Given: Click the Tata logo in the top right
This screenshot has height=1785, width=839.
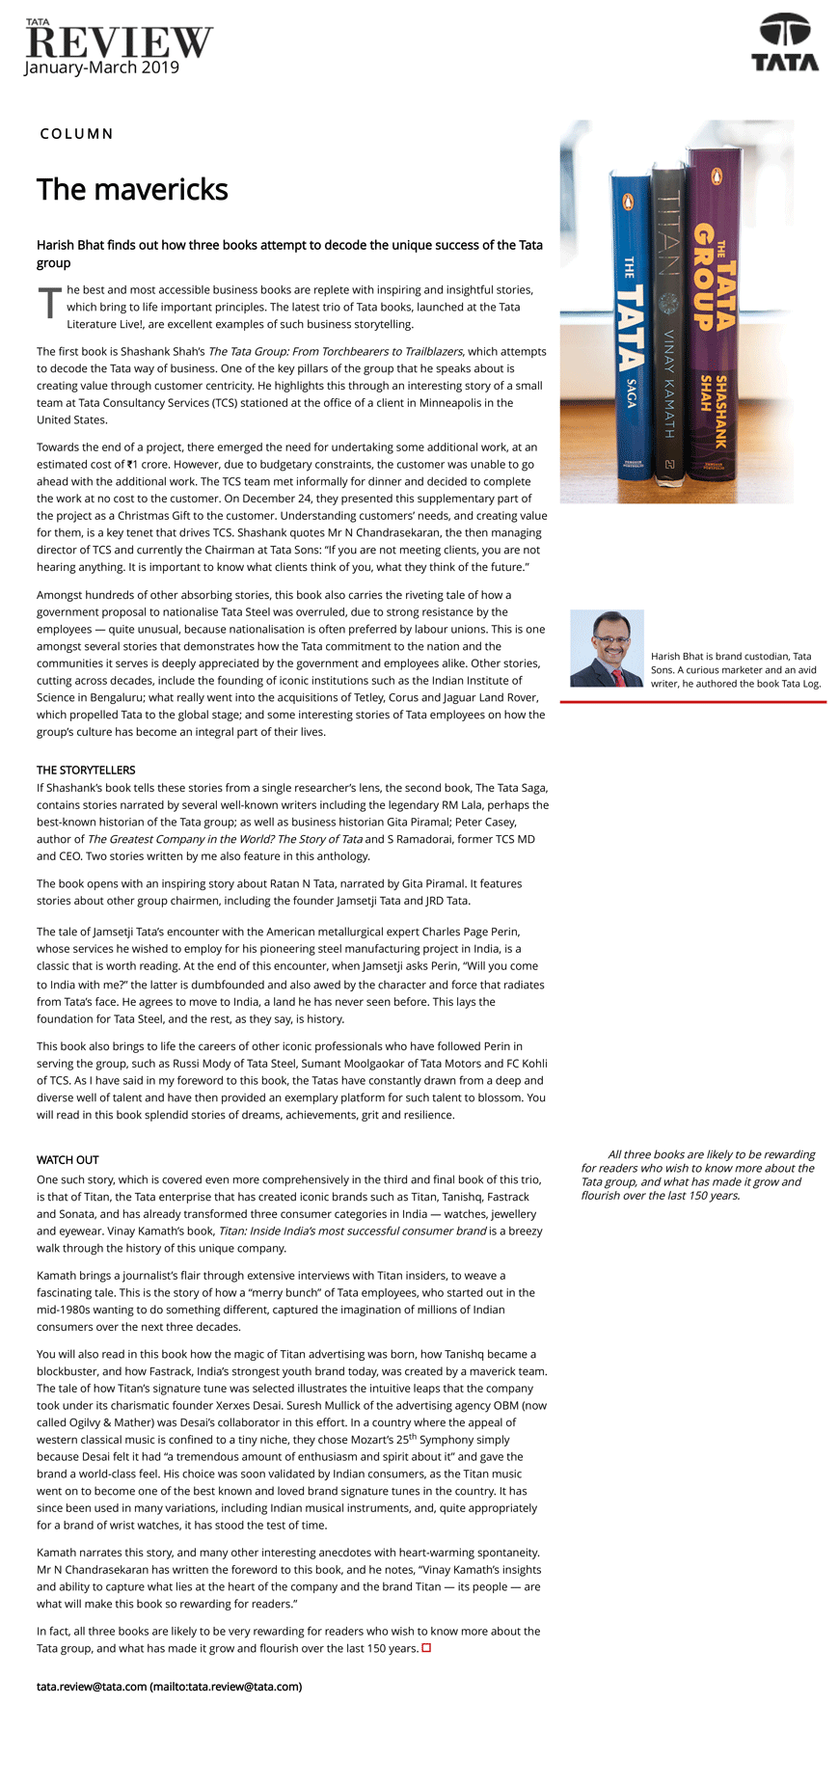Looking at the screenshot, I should [x=785, y=42].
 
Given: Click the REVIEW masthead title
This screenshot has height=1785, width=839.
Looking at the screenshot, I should [x=119, y=41].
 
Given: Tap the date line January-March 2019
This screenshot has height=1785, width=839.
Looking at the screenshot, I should [x=102, y=68].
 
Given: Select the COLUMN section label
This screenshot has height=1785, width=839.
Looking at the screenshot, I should [x=76, y=134].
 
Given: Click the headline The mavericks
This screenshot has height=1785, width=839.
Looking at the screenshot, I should [x=132, y=189].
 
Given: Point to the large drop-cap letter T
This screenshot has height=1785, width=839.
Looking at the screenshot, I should [x=49, y=303].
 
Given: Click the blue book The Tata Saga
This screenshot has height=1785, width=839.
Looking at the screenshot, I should [x=631, y=318].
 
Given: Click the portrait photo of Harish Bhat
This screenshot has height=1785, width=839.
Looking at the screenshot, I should [x=607, y=648].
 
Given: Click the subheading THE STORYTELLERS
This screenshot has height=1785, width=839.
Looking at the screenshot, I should [x=86, y=771].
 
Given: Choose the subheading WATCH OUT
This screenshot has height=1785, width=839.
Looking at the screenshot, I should [x=68, y=1160].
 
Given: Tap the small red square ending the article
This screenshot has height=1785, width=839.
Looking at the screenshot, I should [x=426, y=1648].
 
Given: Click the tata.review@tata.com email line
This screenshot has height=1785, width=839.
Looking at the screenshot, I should [x=169, y=1687].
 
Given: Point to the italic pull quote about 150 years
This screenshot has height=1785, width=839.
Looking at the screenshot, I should [x=698, y=1175].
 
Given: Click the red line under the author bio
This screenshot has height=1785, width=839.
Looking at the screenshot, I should [x=692, y=702].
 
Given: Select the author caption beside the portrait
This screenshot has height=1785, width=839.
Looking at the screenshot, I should [x=735, y=669].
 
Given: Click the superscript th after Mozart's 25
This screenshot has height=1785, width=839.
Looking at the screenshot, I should [x=411, y=1436].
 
